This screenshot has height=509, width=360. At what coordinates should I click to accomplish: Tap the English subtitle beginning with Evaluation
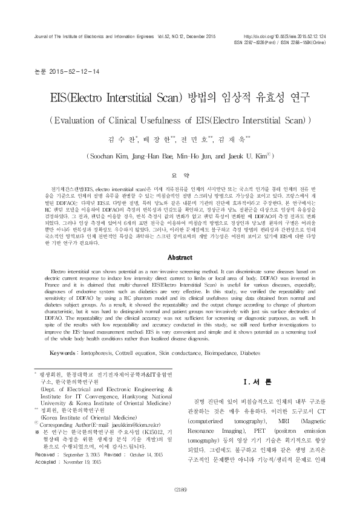point(180,118)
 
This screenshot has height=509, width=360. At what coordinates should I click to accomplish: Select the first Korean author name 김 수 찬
point(118,139)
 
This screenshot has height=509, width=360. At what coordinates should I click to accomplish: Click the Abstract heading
point(180,257)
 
